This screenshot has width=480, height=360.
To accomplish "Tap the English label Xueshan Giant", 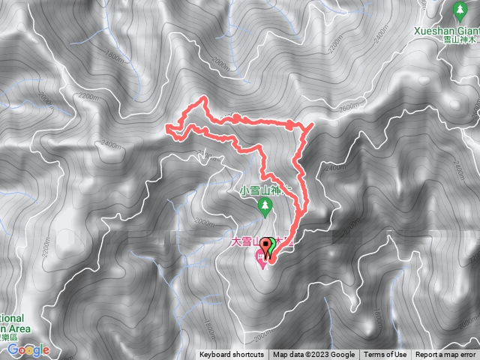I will click(447, 32).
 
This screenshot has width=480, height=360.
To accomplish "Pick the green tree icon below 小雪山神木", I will click(264, 205).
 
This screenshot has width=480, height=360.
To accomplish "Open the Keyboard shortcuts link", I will click(231, 355).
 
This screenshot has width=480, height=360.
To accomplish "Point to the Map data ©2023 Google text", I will click(314, 355).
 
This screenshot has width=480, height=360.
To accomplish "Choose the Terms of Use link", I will click(385, 355).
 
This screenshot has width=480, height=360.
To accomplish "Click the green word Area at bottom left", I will click(15, 328).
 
